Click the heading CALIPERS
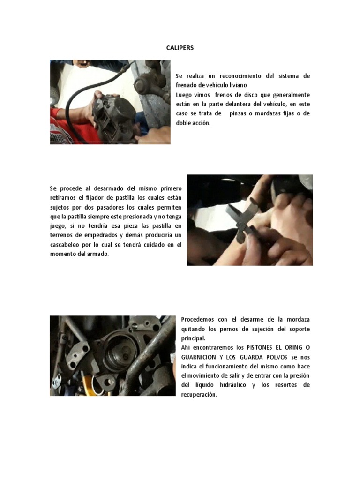pos(180,48)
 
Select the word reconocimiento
pos(240,76)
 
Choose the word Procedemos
pos(197,320)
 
